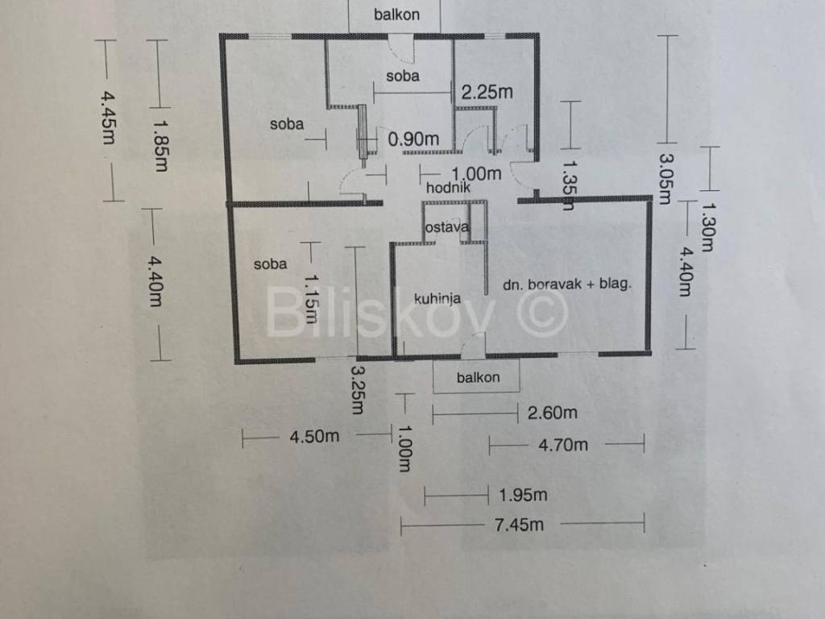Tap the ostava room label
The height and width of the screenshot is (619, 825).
pos(446,227)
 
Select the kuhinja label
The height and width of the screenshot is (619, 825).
pos(437,299)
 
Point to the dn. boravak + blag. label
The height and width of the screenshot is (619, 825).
pos(566,284)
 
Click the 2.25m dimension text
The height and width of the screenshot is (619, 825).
pos(487,92)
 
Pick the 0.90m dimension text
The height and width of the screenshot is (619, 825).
pos(413,139)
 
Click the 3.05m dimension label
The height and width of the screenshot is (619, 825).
pos(665,178)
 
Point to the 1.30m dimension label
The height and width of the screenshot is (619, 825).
pos(707,226)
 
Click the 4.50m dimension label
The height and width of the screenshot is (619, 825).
pos(314,437)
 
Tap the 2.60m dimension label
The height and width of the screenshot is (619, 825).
pos(552,413)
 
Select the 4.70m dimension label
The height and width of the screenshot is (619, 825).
pos(563,444)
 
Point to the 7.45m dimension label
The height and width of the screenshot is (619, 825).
pos(519,526)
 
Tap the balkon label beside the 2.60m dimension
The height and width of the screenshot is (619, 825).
pos(479,377)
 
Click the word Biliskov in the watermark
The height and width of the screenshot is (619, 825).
pos(379,313)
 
